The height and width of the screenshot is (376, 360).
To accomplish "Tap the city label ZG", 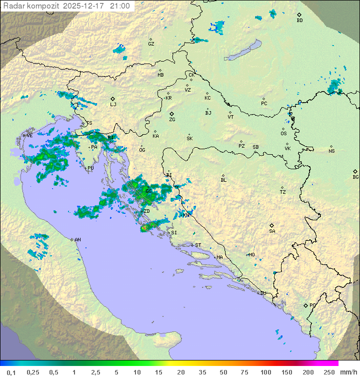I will pos(172,120).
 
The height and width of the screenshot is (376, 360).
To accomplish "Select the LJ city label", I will pos(113,104).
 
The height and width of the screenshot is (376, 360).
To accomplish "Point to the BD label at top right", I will pos(299,20).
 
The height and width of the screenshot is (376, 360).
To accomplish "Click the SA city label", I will pos(272,231).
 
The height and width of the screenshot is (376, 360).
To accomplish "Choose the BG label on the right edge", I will pos(355,177).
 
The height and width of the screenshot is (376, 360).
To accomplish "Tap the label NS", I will pos(331,151).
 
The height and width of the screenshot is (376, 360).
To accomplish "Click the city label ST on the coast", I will pos(198,245).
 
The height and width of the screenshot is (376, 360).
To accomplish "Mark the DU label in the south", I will pos(262,293).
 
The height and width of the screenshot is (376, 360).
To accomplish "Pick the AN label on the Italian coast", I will pos(77,240).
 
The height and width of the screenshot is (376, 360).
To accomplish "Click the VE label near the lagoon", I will pos(29,135).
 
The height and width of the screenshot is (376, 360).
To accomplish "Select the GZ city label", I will pos(151,44).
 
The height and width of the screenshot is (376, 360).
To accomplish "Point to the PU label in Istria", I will pos(90,168).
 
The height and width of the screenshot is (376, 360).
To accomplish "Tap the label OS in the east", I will pos(283,134).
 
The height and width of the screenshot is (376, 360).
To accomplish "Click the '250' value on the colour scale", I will pos(329,372).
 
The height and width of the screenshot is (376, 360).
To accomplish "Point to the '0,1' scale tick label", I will pos(11,372).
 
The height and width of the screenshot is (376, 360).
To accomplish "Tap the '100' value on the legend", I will pos(265,372).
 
